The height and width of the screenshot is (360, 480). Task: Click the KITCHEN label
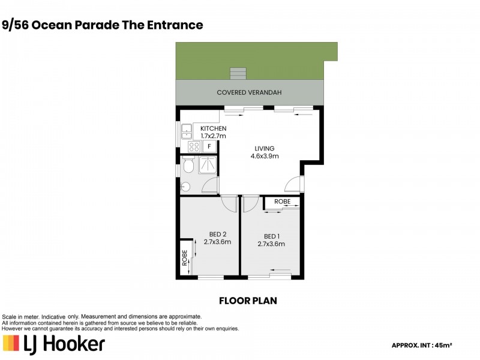click(213, 128)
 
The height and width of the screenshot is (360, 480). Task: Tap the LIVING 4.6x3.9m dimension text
click(264, 156)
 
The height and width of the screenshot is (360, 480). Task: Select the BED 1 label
click(271, 236)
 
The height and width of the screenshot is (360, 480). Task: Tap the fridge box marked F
click(209, 146)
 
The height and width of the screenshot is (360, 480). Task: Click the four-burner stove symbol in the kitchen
click(194, 146)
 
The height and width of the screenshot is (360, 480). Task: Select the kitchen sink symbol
click(187, 130)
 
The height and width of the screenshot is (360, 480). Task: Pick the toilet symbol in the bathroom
click(188, 164)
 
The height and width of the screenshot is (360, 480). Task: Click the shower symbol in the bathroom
click(208, 164)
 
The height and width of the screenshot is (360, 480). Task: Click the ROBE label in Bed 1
click(282, 202)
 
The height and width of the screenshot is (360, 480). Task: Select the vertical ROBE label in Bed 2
click(184, 258)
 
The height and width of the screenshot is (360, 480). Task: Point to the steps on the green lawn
click(238, 73)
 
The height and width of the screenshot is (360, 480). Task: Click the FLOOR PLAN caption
click(247, 300)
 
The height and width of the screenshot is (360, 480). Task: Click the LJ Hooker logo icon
click(11, 344)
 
